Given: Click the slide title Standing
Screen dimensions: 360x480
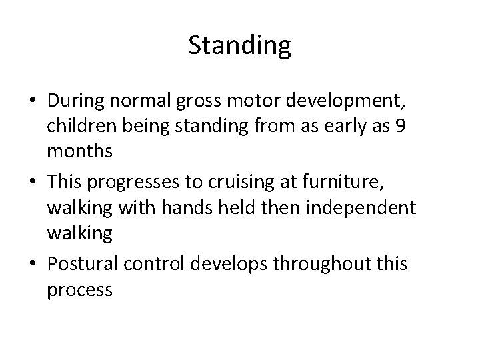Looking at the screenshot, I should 240,46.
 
